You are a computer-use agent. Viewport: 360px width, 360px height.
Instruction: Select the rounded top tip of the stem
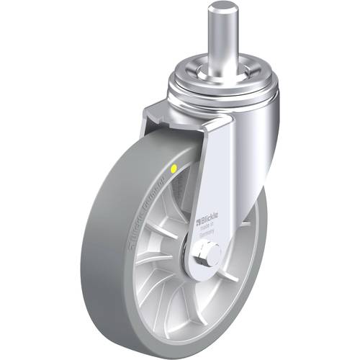(x=222, y=8)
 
